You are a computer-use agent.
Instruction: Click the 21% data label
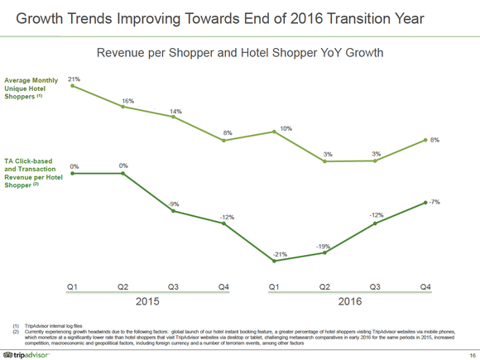[x=74, y=79]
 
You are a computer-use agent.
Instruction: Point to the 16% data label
[x=127, y=100]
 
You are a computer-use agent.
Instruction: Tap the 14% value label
[x=176, y=111]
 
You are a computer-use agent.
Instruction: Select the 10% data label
[x=286, y=128]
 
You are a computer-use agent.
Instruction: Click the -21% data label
[x=281, y=254]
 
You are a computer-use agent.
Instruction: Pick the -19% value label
[x=324, y=246]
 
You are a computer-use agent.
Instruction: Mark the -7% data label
[x=434, y=202]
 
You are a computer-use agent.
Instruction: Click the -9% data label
[x=174, y=204]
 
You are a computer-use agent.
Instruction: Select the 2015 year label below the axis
[x=147, y=302]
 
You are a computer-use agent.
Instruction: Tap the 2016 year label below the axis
[x=350, y=302]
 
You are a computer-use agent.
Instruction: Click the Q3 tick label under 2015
[x=174, y=286]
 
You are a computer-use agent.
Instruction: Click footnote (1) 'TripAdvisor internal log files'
[x=49, y=327]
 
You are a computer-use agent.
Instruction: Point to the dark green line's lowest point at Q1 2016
[x=275, y=262]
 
